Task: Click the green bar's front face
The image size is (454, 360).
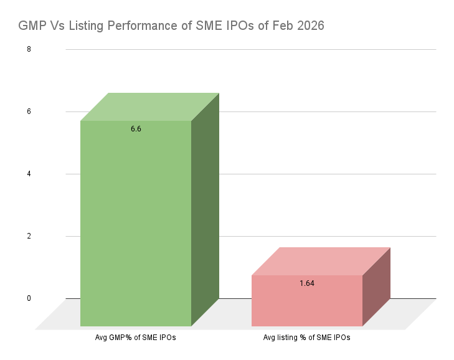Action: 136,224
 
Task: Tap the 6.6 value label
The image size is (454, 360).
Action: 136,129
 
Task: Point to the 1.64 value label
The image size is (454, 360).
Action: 306,283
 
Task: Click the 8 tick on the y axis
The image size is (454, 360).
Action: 29,49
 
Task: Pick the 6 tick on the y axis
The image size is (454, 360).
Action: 29,111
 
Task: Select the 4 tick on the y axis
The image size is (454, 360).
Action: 29,174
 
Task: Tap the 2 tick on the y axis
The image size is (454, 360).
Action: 29,236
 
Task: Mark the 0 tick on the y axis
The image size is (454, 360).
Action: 29,298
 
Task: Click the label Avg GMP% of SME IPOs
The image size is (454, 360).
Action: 136,338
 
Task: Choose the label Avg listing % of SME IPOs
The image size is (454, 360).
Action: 306,338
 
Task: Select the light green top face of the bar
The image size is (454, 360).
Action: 149,107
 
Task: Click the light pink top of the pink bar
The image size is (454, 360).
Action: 320,262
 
